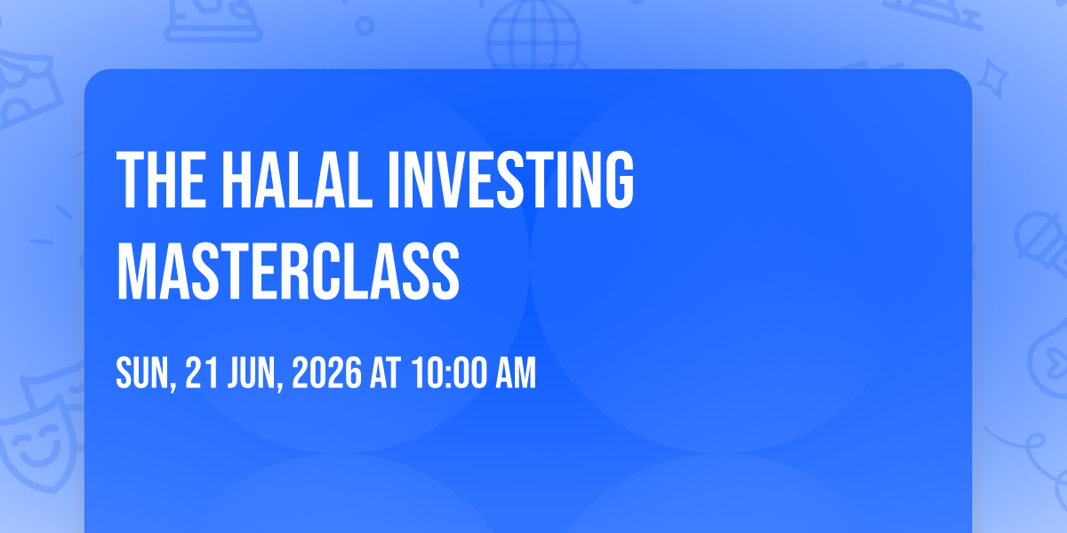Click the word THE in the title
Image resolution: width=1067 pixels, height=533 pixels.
tap(162, 179)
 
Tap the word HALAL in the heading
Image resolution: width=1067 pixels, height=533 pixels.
tap(297, 179)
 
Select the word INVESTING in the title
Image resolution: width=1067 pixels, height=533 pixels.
tap(511, 179)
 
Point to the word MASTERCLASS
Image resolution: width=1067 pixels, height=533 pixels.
tap(288, 271)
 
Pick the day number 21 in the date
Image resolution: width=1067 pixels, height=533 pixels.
tap(202, 372)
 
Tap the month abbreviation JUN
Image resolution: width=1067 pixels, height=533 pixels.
tap(252, 372)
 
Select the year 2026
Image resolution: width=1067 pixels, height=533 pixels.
tap(327, 372)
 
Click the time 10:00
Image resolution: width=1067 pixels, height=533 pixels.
tap(449, 372)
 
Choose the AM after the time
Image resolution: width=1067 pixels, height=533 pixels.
tap(516, 372)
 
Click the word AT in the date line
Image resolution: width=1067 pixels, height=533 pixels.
tap(386, 372)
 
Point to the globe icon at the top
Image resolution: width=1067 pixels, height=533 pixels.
tap(534, 35)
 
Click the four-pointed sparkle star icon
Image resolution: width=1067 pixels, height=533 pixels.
tap(991, 78)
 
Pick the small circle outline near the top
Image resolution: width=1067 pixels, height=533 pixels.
tap(365, 26)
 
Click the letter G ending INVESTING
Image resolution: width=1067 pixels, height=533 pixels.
tap(619, 179)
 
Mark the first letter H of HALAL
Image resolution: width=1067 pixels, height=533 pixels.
tap(237, 179)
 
